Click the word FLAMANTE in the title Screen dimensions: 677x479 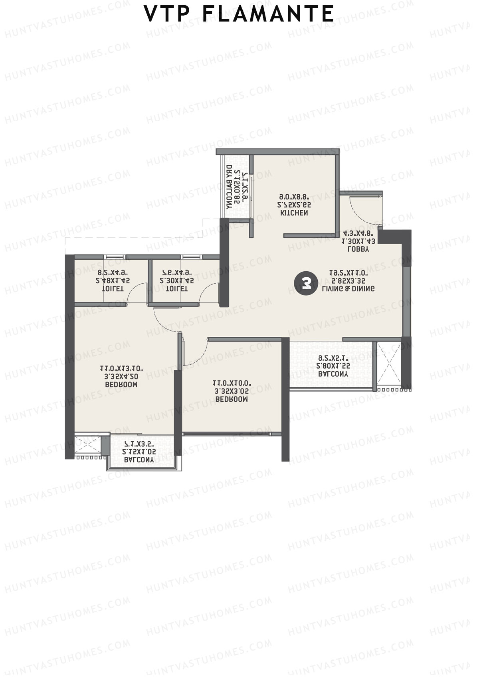click(x=268, y=14)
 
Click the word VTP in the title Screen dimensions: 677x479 click(x=167, y=14)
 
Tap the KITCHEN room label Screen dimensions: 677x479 click(x=294, y=213)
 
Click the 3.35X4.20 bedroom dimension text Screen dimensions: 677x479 click(x=121, y=377)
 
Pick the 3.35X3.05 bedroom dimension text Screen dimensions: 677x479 click(x=232, y=391)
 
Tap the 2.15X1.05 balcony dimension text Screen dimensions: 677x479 click(x=139, y=452)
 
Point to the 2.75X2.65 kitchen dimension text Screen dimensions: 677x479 click(x=294, y=205)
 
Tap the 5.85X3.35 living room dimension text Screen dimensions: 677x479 click(x=348, y=281)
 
